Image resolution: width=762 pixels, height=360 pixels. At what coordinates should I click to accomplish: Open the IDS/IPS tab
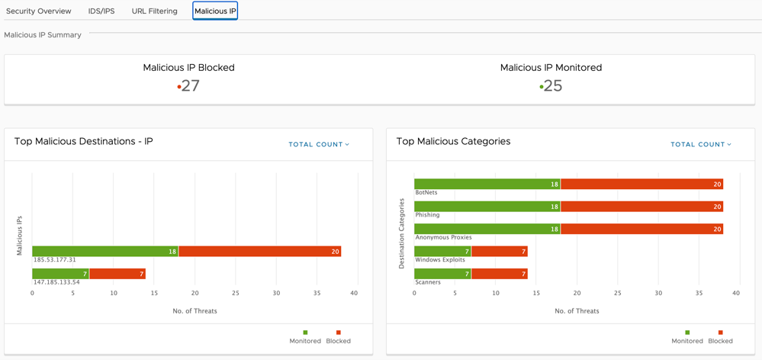[101, 11]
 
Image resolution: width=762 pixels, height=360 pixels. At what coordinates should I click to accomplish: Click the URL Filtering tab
[155, 11]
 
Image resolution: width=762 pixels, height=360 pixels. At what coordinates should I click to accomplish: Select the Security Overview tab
[38, 11]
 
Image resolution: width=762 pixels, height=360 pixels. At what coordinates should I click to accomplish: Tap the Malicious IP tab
[215, 11]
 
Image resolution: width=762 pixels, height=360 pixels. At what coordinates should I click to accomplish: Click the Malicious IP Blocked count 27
[191, 86]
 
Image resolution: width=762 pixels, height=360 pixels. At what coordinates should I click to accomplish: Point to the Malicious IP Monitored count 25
[552, 86]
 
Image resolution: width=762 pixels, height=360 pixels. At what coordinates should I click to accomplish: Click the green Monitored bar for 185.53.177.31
[105, 251]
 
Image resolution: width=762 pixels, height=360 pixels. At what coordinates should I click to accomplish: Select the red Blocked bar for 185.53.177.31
[260, 251]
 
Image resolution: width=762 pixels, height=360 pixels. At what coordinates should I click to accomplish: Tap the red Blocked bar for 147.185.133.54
[117, 274]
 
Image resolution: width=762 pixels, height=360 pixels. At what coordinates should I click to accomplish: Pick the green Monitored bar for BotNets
[487, 184]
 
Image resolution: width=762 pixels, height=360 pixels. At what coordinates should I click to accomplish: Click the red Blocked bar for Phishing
[642, 207]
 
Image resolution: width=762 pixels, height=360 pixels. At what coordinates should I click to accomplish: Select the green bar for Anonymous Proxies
[487, 229]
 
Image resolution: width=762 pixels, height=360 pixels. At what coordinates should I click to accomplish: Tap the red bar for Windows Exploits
[500, 251]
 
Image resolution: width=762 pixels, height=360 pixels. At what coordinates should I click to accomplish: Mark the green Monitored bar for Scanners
[442, 274]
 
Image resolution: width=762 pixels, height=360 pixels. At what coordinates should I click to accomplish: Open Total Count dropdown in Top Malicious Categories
[701, 144]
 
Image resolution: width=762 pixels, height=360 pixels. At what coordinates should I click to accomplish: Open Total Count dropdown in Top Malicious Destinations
[319, 144]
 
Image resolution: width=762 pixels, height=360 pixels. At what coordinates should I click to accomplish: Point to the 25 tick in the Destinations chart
[236, 293]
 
